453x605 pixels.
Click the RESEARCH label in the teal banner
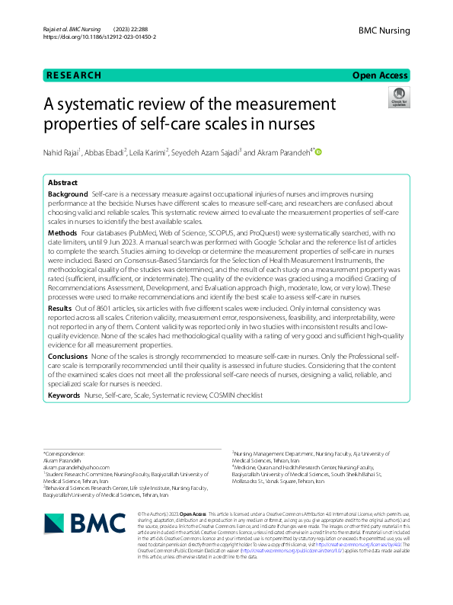[74, 75]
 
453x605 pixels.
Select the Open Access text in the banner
[381, 75]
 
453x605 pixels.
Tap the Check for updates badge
[398, 98]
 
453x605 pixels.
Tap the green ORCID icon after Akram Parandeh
[318, 153]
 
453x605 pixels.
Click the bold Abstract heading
[62, 184]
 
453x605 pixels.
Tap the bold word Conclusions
[68, 356]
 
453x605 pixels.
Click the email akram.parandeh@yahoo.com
[76, 467]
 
